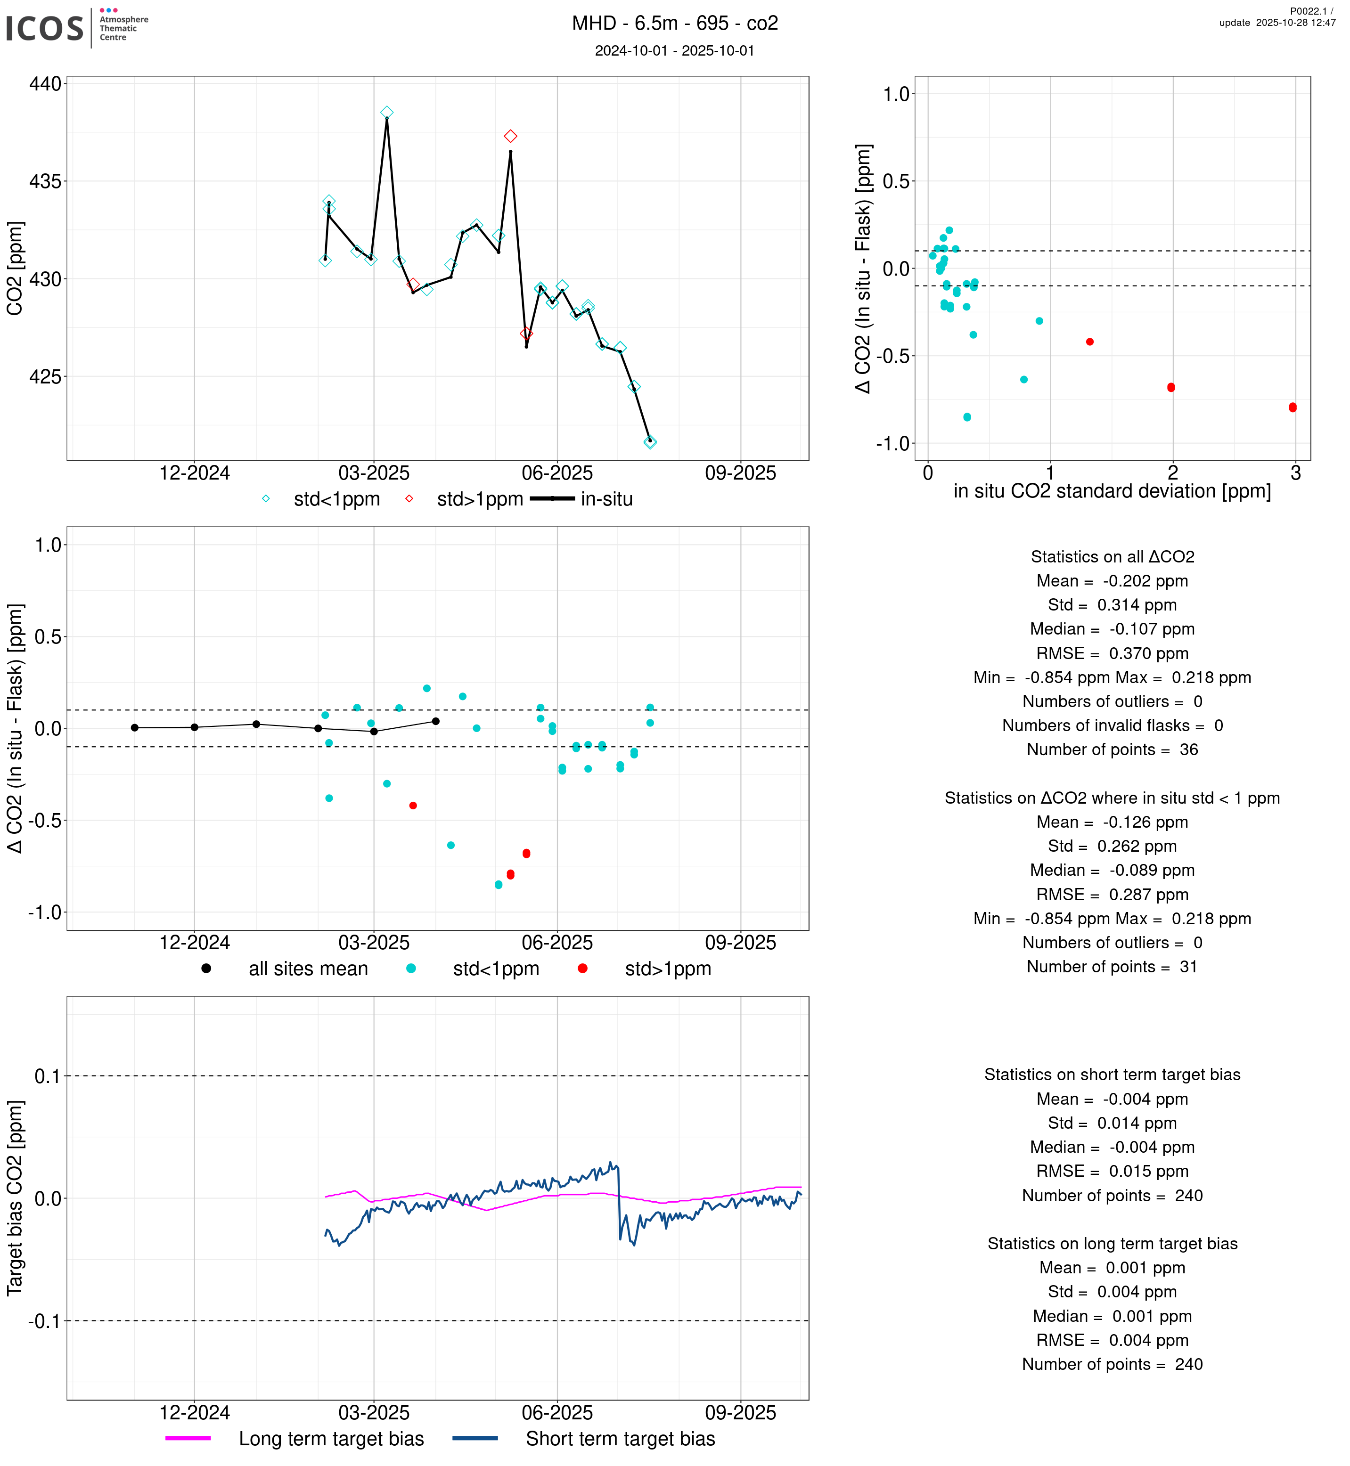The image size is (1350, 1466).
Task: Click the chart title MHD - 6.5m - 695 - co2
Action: click(x=674, y=24)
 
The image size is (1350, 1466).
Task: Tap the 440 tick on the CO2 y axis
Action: click(x=45, y=84)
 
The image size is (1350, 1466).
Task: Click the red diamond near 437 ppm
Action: click(x=511, y=137)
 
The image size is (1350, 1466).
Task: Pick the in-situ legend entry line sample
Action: click(x=552, y=499)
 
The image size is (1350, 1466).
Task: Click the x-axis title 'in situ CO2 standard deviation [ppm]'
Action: click(x=1112, y=492)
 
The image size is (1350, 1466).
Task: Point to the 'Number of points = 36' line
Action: click(x=1112, y=749)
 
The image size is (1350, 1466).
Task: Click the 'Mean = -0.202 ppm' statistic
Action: click(x=1112, y=581)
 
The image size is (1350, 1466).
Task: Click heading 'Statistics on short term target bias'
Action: click(x=1112, y=1075)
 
